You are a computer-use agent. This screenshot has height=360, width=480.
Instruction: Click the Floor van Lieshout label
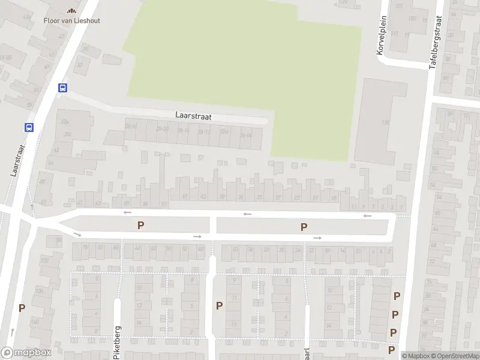point(71,20)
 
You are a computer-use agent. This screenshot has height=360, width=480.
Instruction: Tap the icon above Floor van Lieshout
point(71,10)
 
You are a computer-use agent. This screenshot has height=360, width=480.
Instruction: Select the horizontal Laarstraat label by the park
point(193,116)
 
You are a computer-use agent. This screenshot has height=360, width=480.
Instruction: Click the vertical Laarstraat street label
point(17,159)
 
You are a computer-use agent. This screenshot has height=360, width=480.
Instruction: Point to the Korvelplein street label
point(380,35)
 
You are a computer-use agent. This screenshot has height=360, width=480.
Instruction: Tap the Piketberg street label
point(116,343)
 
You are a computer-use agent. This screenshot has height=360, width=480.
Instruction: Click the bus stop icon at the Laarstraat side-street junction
point(62,88)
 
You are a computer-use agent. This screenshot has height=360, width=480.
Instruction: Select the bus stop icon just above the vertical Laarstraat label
point(28,127)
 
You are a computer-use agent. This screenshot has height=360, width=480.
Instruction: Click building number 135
point(385,122)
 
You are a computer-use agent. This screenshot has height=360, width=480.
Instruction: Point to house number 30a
point(65,122)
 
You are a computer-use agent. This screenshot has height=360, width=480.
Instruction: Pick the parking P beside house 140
point(22,308)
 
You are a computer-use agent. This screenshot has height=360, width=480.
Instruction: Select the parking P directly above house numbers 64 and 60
point(141,226)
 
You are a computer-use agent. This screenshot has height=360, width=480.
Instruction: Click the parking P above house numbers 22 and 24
point(304,227)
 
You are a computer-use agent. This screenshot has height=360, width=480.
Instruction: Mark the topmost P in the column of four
point(397,296)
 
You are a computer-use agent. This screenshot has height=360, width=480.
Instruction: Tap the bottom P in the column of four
point(392,350)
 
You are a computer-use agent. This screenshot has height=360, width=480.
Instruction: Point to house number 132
point(43,260)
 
